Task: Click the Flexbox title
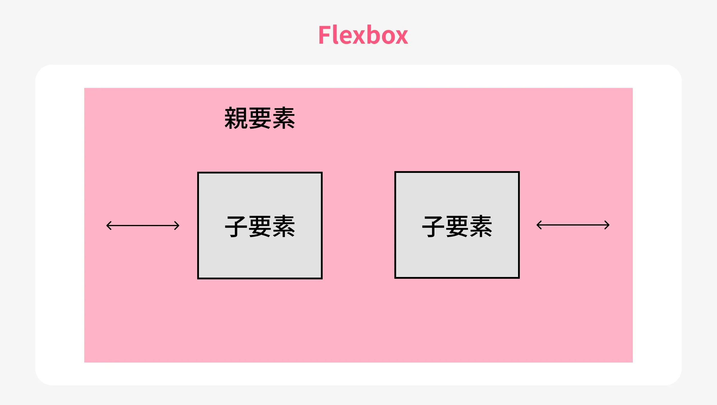pos(363,35)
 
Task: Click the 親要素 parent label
pos(260,118)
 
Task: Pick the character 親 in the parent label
pos(236,118)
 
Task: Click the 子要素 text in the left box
pos(260,226)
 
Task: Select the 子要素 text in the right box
pos(457,226)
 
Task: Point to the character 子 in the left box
pos(236,226)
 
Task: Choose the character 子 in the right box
pos(433,226)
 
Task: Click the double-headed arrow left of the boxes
pos(143,226)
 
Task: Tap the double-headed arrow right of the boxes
pos(573,225)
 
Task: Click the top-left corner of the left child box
pos(198,173)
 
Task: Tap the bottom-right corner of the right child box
pos(519,278)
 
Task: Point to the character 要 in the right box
pos(457,226)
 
